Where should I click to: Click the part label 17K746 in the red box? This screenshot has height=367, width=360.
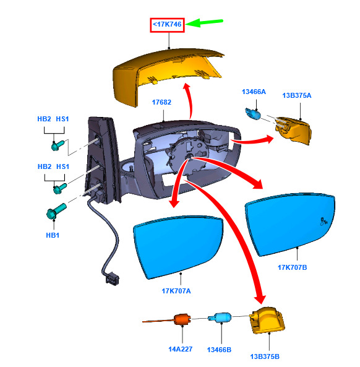167,24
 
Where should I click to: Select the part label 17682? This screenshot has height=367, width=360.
161,102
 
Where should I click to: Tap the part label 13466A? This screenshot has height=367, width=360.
254,92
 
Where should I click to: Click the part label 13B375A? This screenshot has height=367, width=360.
297,95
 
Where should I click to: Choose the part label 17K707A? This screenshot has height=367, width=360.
176,291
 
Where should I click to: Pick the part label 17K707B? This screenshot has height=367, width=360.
292,267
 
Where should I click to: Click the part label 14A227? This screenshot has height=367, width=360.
181,349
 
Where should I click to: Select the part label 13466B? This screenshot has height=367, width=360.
219,350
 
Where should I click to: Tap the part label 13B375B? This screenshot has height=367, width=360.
265,356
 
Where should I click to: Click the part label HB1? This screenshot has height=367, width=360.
53,235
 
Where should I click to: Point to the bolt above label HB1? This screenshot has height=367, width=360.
56,211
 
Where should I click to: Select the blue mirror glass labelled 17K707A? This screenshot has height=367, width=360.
178,247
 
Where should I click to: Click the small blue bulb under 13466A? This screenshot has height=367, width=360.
253,113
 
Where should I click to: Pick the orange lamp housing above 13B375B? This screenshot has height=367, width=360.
267,320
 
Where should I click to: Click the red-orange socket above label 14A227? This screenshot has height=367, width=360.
182,319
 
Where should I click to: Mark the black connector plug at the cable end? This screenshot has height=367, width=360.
113,278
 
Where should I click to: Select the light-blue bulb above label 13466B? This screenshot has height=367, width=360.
220,318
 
